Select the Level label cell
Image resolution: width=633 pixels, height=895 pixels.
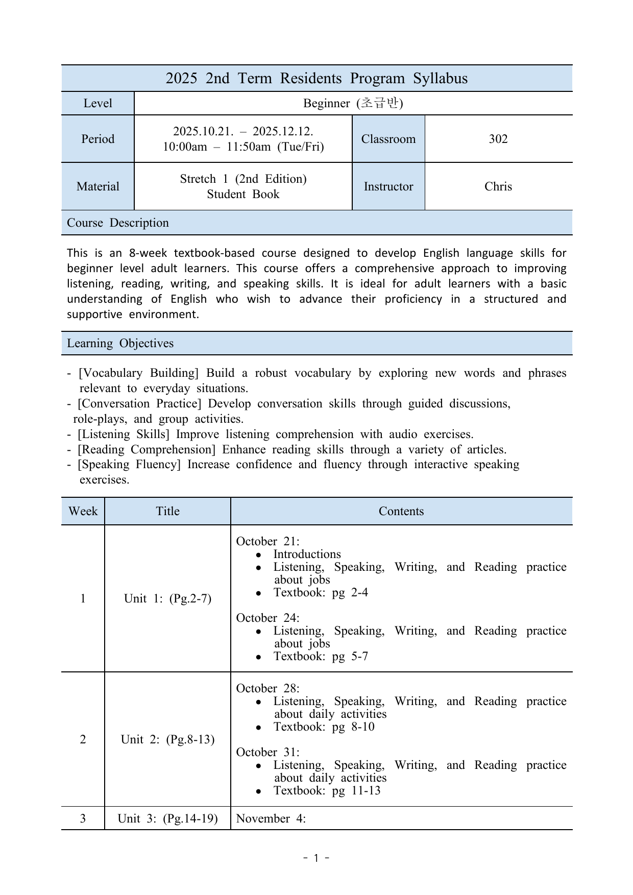tap(98, 103)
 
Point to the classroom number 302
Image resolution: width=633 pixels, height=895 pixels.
tap(498, 139)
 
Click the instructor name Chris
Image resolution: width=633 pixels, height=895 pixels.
tap(498, 186)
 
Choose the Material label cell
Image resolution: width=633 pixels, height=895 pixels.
tap(98, 186)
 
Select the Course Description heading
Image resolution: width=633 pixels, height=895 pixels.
tap(118, 223)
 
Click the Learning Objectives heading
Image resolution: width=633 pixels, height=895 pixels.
tap(120, 343)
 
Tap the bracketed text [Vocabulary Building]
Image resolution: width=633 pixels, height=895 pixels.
tap(138, 373)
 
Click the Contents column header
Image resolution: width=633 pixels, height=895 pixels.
tap(401, 511)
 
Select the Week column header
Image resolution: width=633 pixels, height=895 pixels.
tap(83, 511)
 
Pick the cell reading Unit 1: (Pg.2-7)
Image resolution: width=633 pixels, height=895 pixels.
tap(167, 598)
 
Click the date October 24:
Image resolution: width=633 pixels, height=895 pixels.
tap(267, 618)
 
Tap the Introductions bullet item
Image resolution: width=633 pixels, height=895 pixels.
tap(307, 554)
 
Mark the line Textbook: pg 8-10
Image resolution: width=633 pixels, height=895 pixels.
tap(324, 727)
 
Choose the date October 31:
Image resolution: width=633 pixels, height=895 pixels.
tap(267, 752)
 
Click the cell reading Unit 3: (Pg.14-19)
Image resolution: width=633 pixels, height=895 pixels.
tap(167, 818)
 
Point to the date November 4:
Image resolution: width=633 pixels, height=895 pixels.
tap(271, 818)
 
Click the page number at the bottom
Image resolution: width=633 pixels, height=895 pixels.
tap(316, 858)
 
